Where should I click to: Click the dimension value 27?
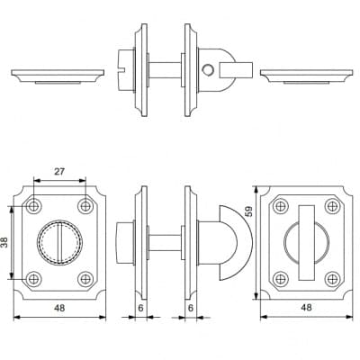pos(59,172)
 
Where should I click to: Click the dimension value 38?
pos(4,242)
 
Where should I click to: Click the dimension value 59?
pos(248,211)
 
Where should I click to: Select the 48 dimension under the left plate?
pos(59,308)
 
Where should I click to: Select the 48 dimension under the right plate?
pos(306,308)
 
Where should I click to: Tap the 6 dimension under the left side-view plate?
pos(140,308)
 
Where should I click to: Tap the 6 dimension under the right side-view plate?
pos(190,308)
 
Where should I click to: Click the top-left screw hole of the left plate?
pos(33,206)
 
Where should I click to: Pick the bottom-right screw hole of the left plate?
pos(85,279)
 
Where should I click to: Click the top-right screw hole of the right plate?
pos(332,206)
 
